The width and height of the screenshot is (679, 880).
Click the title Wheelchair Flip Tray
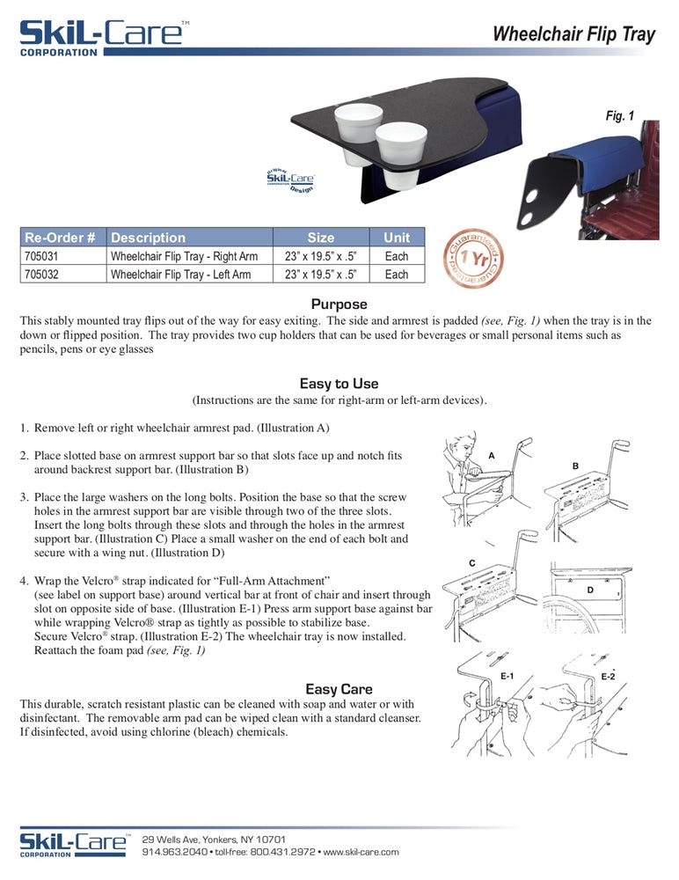tap(573, 34)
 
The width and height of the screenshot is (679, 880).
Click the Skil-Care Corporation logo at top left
tap(102, 37)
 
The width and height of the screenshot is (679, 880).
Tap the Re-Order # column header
tap(61, 238)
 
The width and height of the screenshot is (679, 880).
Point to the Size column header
tap(321, 238)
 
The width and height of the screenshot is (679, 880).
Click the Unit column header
tap(397, 238)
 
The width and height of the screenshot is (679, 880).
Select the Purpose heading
tap(339, 304)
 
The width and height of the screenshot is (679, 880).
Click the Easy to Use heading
tap(339, 384)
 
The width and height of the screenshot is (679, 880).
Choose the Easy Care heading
tap(339, 689)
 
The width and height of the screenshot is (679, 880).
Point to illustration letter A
tap(491, 455)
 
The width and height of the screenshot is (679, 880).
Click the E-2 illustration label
tap(608, 676)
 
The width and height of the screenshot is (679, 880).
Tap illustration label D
tap(590, 589)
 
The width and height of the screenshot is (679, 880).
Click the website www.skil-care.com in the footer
tap(361, 852)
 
